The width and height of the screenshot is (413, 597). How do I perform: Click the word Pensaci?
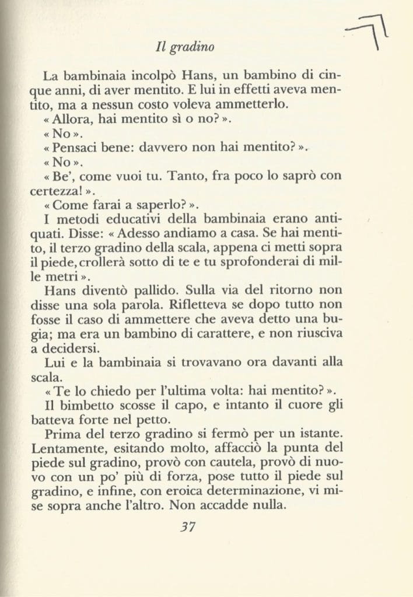(80, 148)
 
